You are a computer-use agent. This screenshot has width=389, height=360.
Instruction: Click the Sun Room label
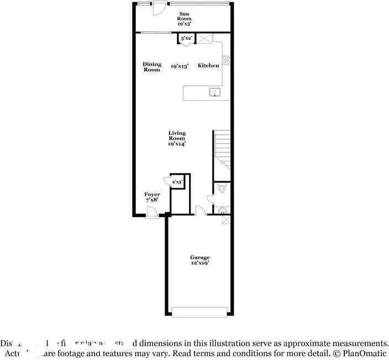[x=184, y=19]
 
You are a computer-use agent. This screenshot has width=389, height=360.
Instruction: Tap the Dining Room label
[x=152, y=67]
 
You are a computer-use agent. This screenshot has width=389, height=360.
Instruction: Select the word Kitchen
[x=208, y=65]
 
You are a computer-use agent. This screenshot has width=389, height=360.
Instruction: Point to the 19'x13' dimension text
[x=180, y=66]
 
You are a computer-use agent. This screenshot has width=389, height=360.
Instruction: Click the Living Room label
[x=177, y=138]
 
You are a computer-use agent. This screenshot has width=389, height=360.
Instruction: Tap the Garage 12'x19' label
[x=199, y=260]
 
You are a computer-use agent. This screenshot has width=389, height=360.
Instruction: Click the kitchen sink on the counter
[x=215, y=92]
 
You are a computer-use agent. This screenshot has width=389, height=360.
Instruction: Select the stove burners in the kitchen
[x=226, y=60]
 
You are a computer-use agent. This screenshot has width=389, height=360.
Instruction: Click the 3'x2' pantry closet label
[x=186, y=38]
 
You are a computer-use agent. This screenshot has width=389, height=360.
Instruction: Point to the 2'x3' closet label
[x=177, y=182]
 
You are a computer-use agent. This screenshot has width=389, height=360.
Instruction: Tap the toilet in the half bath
[x=222, y=189]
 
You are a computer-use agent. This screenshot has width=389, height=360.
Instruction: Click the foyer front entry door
[x=152, y=213]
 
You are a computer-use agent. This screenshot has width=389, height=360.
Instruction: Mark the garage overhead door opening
[x=199, y=312]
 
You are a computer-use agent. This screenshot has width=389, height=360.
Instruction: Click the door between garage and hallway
[x=201, y=211]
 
